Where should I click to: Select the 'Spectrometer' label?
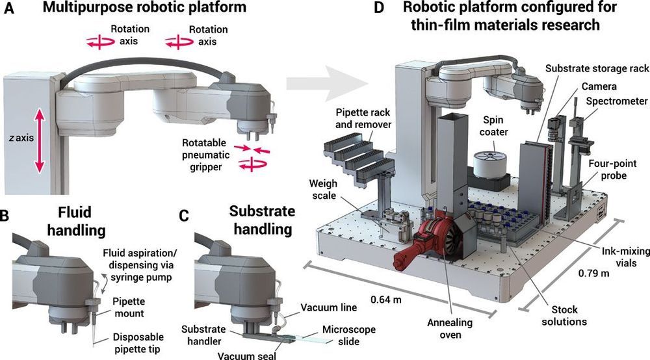[615, 102]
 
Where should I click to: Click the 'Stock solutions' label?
[564, 315]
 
